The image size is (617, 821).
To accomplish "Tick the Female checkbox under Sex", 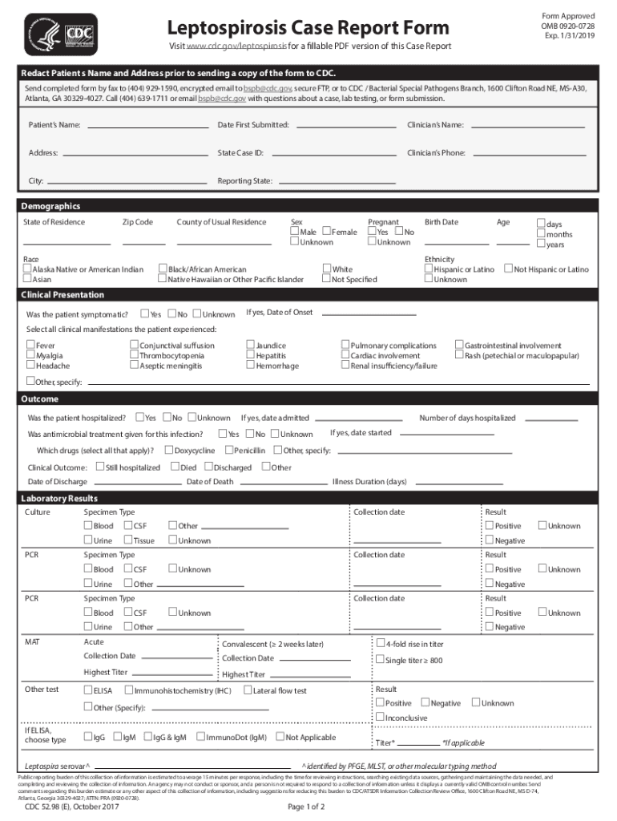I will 326,232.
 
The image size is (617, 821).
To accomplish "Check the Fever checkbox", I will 30,346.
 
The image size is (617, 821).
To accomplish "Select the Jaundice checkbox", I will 250,346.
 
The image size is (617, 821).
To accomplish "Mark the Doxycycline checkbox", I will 168,450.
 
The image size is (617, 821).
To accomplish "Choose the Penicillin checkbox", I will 228,450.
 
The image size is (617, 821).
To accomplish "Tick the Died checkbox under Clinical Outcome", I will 175,467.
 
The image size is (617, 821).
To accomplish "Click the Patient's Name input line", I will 147,125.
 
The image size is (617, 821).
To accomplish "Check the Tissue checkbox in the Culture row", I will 128,540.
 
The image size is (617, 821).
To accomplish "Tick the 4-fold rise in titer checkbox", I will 381,643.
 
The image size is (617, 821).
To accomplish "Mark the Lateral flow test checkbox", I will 248,690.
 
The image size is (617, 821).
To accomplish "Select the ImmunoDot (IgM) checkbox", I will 200,737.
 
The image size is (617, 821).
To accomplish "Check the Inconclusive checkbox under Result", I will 381,717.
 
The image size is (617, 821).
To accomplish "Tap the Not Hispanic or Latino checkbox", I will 508,269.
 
